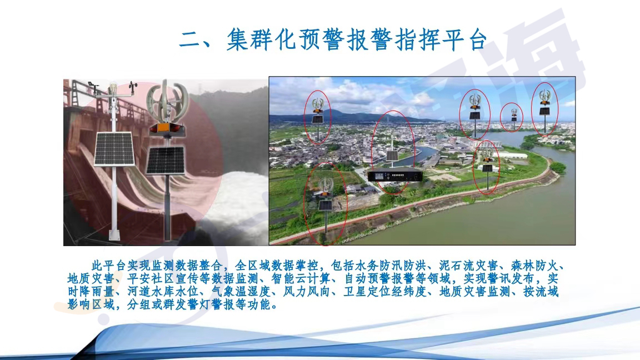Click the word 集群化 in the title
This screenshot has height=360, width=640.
point(262,39)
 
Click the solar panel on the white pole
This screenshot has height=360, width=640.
point(114,148)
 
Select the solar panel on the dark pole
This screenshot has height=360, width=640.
point(166,161)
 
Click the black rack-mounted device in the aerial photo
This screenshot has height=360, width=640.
point(394,176)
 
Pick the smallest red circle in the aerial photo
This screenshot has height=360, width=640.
point(512,118)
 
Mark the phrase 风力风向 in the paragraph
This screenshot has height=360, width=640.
point(307,292)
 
